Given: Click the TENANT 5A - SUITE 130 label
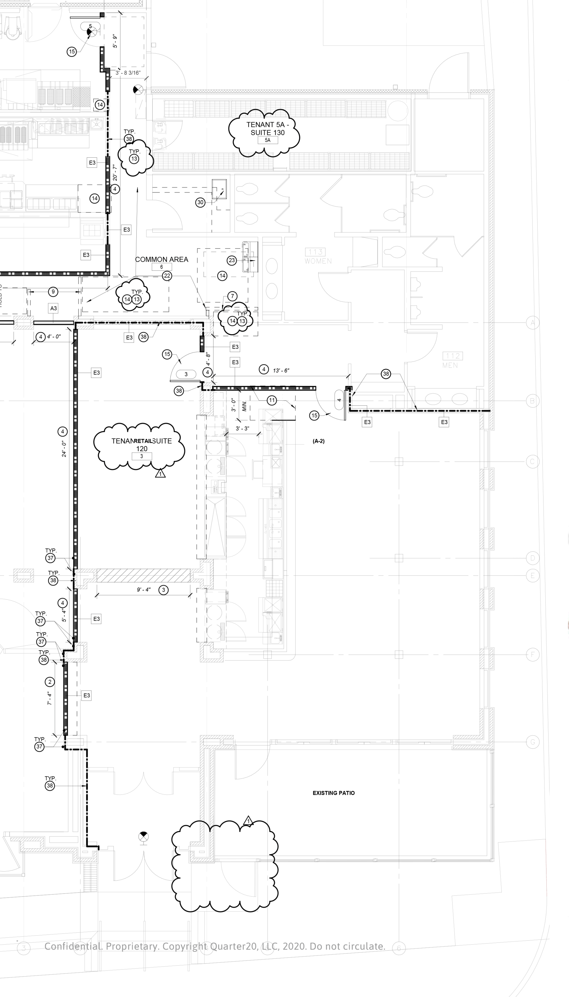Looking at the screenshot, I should pos(267,129).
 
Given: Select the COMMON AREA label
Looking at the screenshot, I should pos(162,260).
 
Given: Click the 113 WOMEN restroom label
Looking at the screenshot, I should pos(318,256).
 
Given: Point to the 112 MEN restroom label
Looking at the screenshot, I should pos(452,360).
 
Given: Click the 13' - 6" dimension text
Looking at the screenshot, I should pos(281,370).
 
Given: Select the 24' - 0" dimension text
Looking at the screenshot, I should pos(64,449).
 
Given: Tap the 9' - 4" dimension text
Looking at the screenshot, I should pos(143,589).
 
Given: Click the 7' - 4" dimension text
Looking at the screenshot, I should pos(49,698).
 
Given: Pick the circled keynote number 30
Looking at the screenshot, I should pos(200,202).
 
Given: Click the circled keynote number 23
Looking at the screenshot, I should pos(232,260).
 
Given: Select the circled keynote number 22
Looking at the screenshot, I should pos(167,276).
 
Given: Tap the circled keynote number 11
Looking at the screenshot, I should pos(271,400).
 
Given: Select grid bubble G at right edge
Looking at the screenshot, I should pos(532,742).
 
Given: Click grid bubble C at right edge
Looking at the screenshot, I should pos(532,461).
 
